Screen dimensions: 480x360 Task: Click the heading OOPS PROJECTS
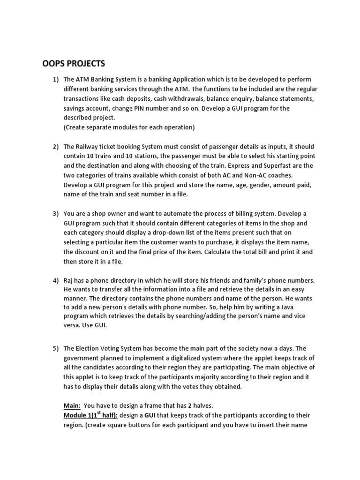[x=74, y=64]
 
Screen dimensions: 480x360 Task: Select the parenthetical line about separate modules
[x=129, y=127]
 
